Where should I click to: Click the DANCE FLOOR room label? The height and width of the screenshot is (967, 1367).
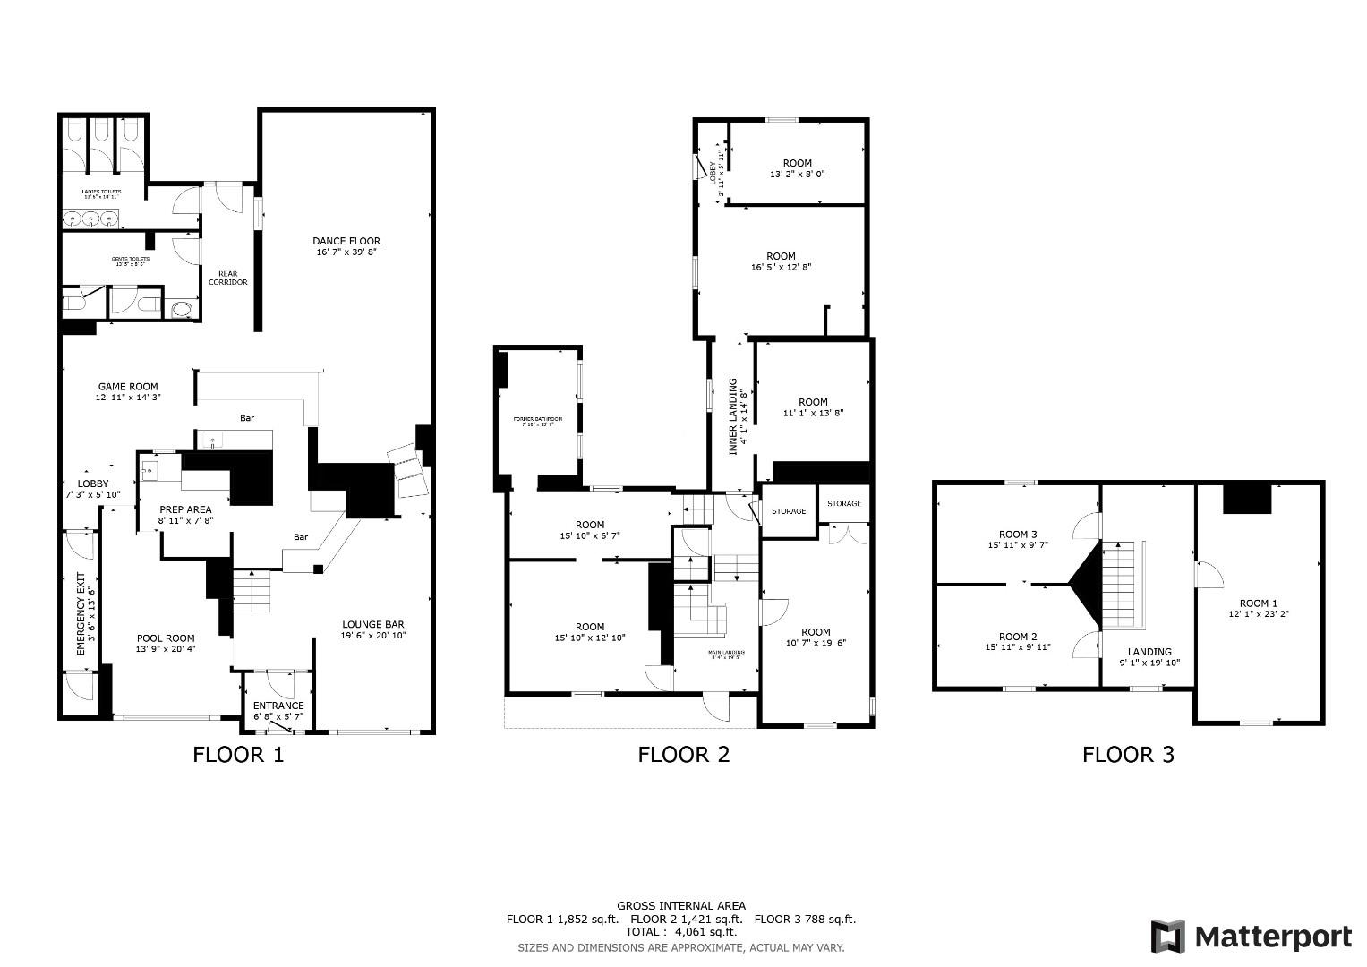[x=346, y=241]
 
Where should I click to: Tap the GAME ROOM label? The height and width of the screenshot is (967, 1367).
[x=129, y=387]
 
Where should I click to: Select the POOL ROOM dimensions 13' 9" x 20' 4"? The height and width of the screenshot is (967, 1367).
[x=166, y=649]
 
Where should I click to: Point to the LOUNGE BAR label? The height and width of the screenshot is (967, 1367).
[x=372, y=624]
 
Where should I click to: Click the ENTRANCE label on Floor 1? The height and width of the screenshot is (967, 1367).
[x=278, y=706]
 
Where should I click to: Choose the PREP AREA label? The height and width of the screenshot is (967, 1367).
[x=185, y=509]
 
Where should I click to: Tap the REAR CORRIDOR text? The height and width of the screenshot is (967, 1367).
[x=228, y=278]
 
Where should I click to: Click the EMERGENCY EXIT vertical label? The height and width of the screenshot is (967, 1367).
[x=81, y=613]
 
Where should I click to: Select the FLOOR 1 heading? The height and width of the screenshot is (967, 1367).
[x=238, y=755]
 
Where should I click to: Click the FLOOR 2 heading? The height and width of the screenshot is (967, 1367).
[x=683, y=755]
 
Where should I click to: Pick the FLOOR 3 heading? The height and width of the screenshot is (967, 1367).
[x=1128, y=755]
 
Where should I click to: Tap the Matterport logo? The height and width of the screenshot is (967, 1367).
[x=1252, y=937]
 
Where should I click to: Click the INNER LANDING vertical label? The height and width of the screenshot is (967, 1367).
[x=733, y=416]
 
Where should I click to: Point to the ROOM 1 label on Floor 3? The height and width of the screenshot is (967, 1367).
[x=1258, y=603]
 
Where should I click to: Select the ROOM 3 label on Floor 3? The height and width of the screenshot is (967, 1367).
[x=1018, y=535]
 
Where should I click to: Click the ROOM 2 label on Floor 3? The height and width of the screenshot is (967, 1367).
[x=1018, y=637]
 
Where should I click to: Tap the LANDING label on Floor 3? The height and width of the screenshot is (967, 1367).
[x=1149, y=652]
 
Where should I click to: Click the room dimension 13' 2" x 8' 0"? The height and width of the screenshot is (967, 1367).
[x=797, y=174]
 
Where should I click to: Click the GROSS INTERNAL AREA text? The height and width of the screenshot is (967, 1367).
[x=680, y=905]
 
